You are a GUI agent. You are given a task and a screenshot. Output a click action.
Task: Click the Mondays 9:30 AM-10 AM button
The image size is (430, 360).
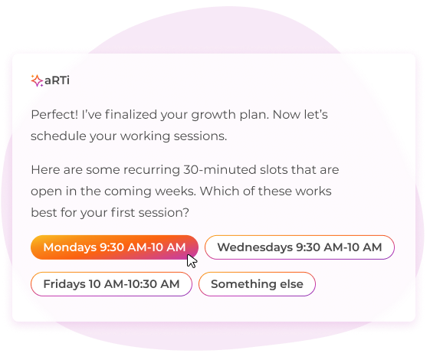coord(113,247)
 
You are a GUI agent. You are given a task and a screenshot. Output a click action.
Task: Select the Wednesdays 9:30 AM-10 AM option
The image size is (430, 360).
coord(299,247)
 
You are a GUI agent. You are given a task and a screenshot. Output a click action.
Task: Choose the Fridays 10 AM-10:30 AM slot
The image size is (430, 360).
coord(111,284)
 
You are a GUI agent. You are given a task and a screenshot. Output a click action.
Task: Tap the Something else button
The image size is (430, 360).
coord(257,284)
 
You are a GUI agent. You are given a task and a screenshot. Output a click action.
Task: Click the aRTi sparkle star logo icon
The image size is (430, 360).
coord(37,80)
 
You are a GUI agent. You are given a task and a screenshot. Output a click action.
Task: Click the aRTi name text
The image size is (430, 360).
coord(57,80)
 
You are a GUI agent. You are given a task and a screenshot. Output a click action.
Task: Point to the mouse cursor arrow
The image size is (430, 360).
coord(192,260)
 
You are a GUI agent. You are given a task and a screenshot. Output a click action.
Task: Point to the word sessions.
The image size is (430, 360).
coord(201,136)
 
